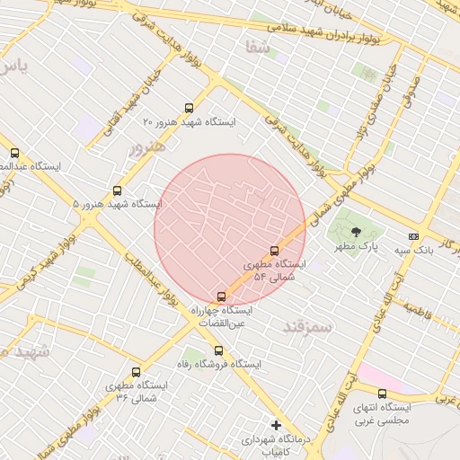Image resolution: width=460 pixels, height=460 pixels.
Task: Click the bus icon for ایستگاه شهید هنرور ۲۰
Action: click(188, 108)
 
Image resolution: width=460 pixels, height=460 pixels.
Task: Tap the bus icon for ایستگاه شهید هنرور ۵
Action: click(117, 190)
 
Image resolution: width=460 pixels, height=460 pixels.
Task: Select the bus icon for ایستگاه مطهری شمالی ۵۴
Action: click(274, 252)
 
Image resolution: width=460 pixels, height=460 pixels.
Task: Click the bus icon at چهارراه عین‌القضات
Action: click(221, 296)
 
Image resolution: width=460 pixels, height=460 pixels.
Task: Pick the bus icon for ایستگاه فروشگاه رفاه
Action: click(218, 351)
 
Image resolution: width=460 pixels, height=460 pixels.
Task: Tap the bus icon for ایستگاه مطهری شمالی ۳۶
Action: click(137, 372)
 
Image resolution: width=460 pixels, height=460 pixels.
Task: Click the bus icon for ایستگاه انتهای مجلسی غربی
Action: click(382, 394)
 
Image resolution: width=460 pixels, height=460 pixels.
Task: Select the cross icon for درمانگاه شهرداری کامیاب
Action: click(276, 425)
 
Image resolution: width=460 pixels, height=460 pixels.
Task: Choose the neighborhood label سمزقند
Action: click(305, 327)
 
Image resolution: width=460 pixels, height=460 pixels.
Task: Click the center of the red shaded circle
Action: click(230, 229)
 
